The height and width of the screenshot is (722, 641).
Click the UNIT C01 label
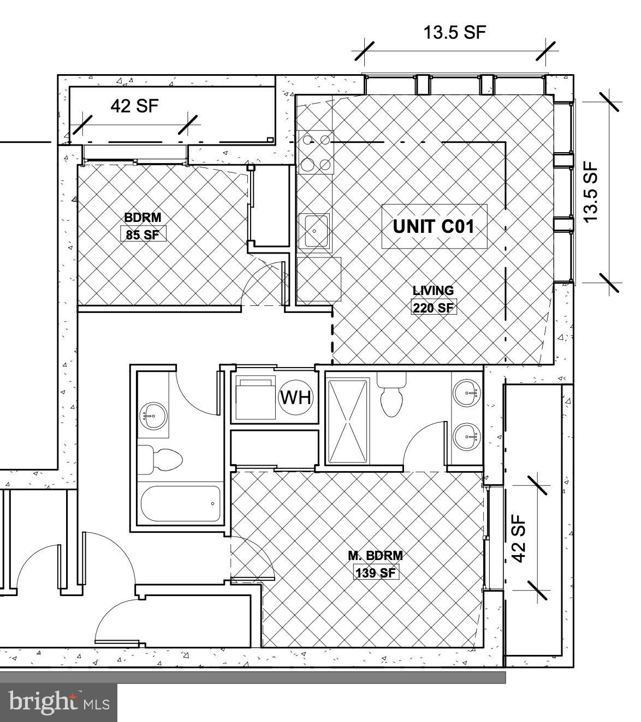(434, 226)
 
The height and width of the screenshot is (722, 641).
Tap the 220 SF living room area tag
(433, 308)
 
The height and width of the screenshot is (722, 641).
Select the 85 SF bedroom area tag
(143, 235)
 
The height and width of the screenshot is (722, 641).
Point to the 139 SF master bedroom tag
(375, 573)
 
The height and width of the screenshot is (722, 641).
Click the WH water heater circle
(296, 398)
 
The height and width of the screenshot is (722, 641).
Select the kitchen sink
(314, 230)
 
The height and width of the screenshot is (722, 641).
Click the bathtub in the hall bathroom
(181, 503)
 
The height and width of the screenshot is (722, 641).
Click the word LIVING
(433, 291)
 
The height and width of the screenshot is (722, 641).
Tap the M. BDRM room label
(376, 556)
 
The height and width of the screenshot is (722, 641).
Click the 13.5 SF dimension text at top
(454, 33)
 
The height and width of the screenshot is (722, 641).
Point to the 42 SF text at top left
(134, 106)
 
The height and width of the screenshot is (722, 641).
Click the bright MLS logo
(58, 702)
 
